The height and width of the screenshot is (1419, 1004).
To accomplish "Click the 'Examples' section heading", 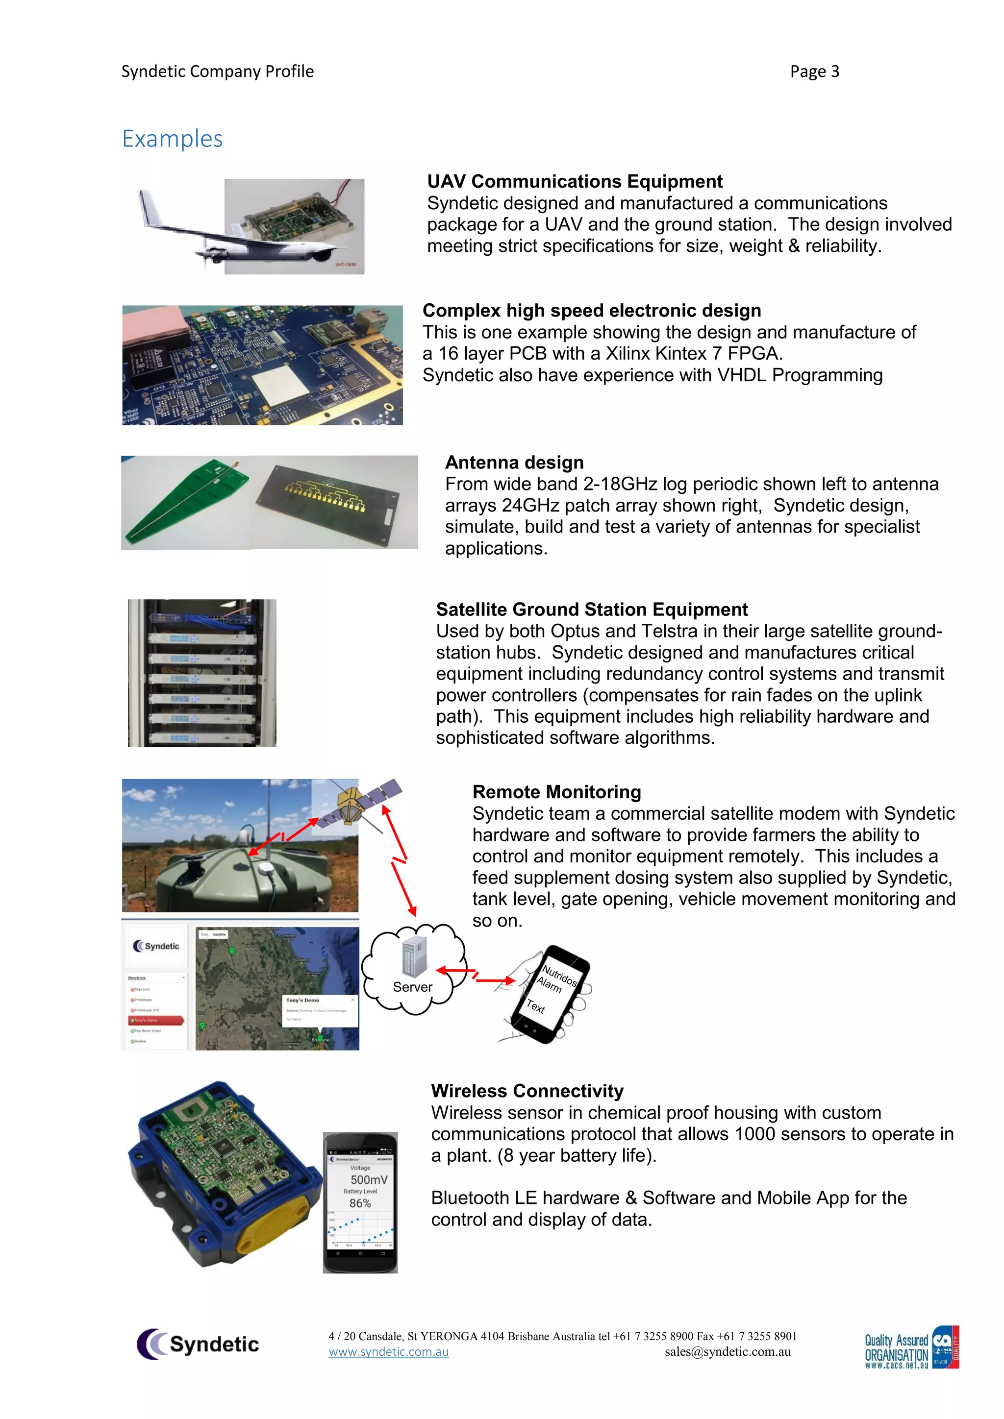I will click(172, 139).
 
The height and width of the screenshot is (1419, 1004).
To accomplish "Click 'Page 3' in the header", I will click(814, 72).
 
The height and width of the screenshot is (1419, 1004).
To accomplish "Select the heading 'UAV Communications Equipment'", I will click(575, 181).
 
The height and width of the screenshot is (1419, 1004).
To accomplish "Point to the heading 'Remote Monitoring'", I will click(556, 792).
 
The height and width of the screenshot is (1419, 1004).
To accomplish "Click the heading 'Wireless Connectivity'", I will click(527, 1091).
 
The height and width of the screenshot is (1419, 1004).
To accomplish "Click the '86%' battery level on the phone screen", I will click(360, 1203).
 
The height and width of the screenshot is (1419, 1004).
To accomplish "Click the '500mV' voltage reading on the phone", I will click(369, 1180).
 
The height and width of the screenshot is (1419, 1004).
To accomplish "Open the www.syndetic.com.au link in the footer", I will click(388, 1352).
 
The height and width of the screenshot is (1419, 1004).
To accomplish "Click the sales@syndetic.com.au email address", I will click(728, 1352).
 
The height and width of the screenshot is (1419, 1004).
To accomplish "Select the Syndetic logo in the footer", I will click(198, 1344).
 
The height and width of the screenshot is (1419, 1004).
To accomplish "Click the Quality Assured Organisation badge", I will click(911, 1348).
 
